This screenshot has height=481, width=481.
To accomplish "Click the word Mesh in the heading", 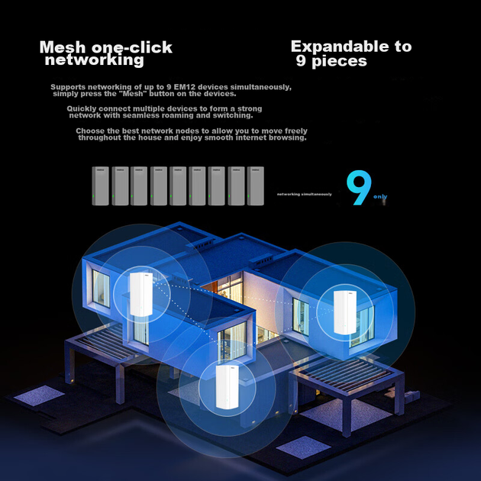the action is point(63,47).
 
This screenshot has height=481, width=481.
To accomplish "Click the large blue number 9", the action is point(359,187).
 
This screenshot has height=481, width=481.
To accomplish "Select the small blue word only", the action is point(380,196).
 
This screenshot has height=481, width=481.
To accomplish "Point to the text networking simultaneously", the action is point(305,194).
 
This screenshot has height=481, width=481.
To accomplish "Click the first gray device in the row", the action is point(100,186).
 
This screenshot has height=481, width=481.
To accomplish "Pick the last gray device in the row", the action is point(256,186).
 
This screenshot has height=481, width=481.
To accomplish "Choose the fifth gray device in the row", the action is point(178,186).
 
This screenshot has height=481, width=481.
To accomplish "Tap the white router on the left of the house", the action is point(140,294).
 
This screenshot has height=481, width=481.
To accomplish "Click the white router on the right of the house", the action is point(345,312).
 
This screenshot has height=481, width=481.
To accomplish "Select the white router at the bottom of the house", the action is point(228,387).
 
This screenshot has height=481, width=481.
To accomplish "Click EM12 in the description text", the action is point(183,87).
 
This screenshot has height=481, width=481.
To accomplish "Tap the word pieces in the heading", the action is point(339,61).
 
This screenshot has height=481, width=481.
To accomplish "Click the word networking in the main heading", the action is point(95,60).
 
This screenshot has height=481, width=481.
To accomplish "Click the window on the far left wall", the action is point(101,289).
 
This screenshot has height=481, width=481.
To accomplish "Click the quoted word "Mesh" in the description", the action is point(133,94).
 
